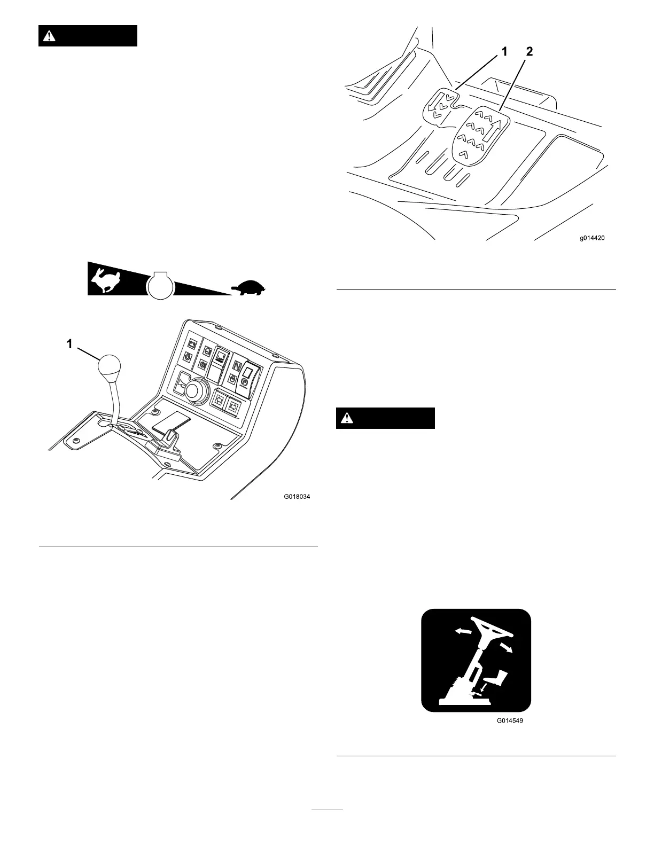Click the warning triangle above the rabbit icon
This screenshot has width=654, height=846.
tap(50, 36)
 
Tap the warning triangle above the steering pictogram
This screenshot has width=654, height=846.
tap(347, 418)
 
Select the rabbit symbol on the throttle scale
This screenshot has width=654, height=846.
tap(106, 281)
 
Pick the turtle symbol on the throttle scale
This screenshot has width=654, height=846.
tap(248, 288)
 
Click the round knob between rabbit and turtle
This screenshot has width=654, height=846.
tap(160, 285)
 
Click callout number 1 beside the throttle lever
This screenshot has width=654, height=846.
tap(69, 344)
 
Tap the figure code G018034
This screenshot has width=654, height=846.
tap(297, 496)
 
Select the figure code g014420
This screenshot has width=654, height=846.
tap(593, 238)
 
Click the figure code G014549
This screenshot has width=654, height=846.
tap(509, 720)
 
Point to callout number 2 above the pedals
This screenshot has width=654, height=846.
tap(529, 52)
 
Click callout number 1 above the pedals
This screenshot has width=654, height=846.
tap(504, 52)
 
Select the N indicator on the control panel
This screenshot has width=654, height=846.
tap(238, 367)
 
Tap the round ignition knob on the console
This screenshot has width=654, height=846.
tap(196, 390)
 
